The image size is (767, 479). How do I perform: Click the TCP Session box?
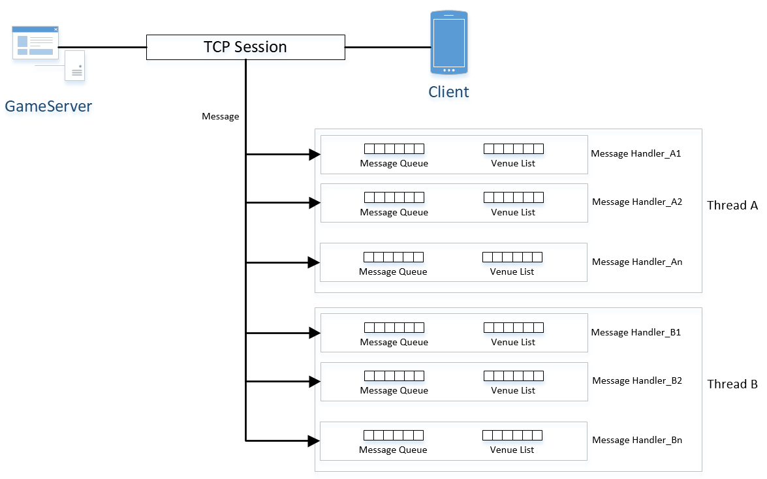click(245, 48)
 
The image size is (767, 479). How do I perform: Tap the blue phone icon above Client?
click(449, 42)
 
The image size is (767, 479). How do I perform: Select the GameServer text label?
click(48, 106)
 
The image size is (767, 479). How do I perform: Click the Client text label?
click(448, 91)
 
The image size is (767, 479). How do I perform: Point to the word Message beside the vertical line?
click(221, 116)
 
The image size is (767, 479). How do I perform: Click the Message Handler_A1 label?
click(636, 153)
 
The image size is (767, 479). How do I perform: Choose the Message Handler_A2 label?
click(637, 202)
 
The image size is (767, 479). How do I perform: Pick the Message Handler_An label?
click(637, 262)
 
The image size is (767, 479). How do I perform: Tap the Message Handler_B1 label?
click(636, 332)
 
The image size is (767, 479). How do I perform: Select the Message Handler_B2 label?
click(637, 380)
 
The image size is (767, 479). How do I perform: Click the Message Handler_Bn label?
click(637, 440)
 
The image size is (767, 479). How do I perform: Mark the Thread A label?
click(732, 206)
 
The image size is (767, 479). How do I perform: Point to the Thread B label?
click(732, 384)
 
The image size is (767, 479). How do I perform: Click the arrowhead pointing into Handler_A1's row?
click(315, 155)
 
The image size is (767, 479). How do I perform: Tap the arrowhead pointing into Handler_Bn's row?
click(314, 441)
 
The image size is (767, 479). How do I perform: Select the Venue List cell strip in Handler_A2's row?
click(514, 197)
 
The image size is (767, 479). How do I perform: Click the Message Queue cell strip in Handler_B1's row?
click(394, 328)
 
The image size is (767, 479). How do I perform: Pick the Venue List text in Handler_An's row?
click(512, 271)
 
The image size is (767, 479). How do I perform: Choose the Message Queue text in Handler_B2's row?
click(394, 390)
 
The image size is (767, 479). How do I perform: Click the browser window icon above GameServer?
click(35, 42)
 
